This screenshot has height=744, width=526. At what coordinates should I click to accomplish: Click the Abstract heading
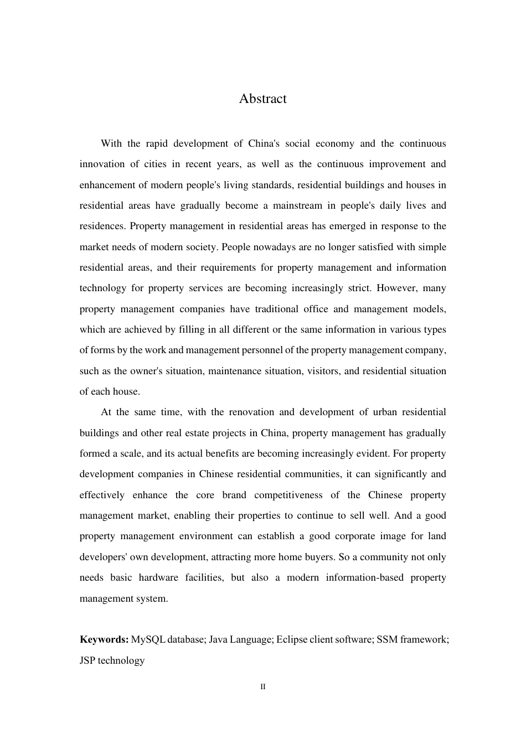point(262,99)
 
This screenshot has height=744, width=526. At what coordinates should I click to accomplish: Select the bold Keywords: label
point(104,639)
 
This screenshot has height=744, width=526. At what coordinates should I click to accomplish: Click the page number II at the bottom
point(263,687)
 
